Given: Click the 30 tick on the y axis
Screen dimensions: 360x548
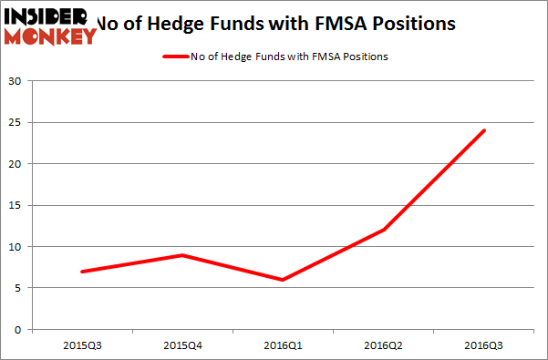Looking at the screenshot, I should pos(16,81).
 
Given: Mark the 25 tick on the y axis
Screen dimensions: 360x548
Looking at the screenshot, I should pos(16,122).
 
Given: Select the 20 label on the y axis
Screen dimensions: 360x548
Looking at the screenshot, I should pos(16,164).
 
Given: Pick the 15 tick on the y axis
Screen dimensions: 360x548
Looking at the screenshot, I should pos(16,205).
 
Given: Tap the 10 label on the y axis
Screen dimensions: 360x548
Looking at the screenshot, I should pos(16,246).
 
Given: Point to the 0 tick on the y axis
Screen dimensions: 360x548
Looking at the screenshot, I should pos(20,329).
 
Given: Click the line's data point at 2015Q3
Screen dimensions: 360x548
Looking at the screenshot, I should pos(83,272).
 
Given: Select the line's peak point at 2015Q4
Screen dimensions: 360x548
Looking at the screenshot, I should pos(183,255).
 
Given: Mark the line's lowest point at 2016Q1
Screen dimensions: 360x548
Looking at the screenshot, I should pos(284,280).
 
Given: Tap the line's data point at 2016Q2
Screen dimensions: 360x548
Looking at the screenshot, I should pos(384,230).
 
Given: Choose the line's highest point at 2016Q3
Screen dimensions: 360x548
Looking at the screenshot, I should pos(484,130).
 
